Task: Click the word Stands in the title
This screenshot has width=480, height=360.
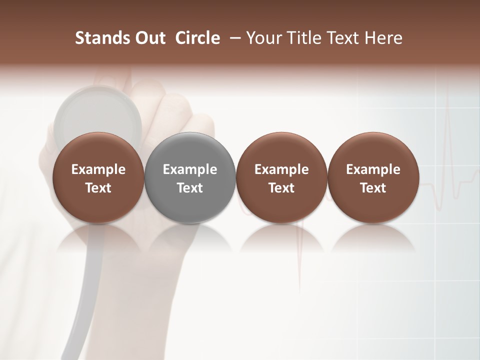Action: [98, 38]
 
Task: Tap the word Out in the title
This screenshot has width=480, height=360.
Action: [149, 38]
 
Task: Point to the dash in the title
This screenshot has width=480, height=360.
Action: [233, 38]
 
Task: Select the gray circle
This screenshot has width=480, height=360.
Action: [190, 178]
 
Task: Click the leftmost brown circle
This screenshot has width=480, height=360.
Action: [98, 178]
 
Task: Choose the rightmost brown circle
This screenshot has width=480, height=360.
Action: [373, 178]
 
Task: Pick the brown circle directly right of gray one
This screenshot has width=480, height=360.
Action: [281, 178]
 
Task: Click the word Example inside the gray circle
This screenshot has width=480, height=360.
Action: [190, 169]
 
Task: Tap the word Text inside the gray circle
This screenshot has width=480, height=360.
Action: [190, 188]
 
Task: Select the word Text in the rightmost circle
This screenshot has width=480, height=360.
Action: [373, 188]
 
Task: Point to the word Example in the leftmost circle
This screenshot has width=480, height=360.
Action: [98, 169]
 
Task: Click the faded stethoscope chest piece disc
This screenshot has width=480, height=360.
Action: [98, 112]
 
